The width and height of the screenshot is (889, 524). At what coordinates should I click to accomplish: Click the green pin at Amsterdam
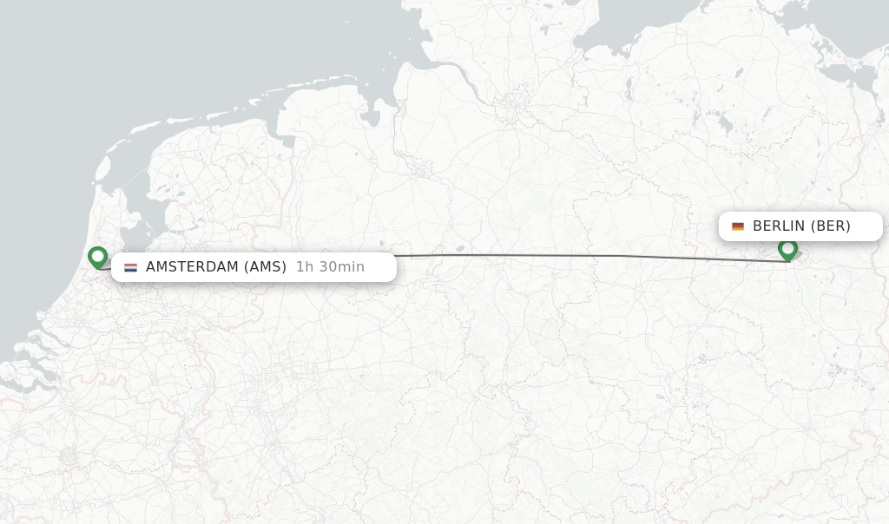[x=97, y=257]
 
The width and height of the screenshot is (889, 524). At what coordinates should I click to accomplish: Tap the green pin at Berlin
[x=787, y=249]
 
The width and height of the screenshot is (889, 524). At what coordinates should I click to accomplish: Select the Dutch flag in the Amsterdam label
[x=130, y=267]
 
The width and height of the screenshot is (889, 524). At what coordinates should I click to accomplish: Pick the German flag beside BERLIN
[x=738, y=226]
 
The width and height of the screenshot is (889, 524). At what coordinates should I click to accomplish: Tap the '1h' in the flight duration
[x=304, y=267]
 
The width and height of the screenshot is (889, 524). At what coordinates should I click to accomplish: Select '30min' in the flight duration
[x=341, y=267]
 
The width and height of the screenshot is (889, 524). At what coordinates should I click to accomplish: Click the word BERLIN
[x=779, y=226]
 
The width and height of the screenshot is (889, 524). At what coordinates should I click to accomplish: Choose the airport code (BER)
[x=831, y=226]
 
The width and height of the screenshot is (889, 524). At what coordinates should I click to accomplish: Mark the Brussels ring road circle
[x=68, y=455]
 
